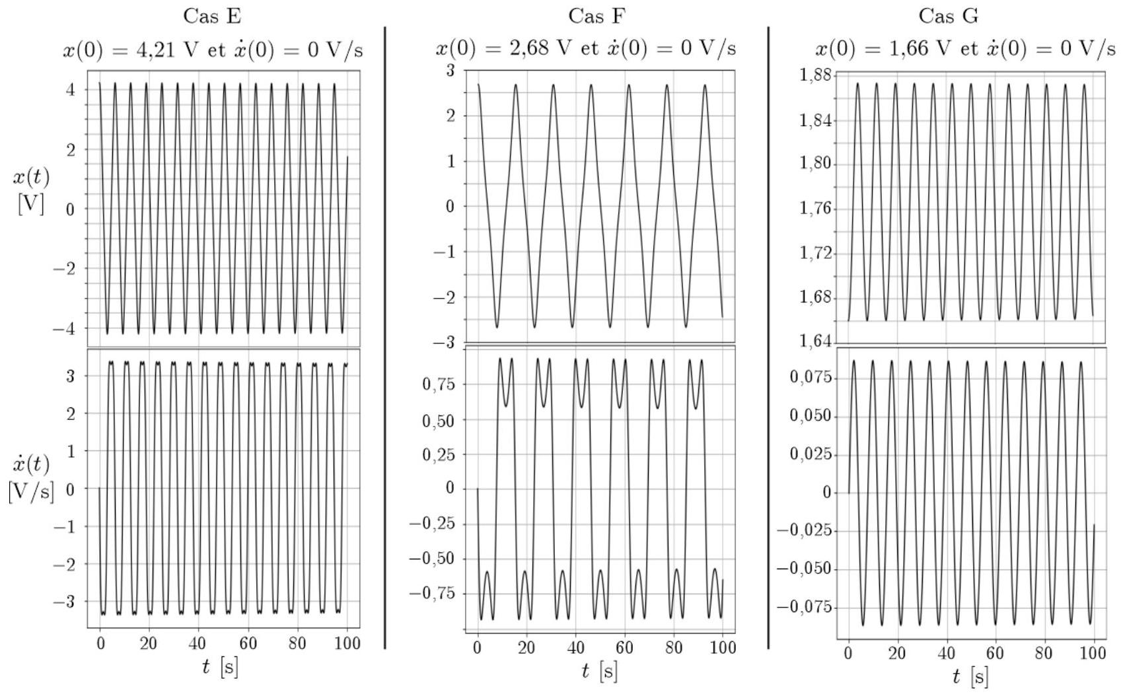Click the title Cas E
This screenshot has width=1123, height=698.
212,16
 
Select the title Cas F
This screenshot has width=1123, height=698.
597,16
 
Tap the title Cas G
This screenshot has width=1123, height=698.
948,16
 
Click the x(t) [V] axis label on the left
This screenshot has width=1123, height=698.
30,190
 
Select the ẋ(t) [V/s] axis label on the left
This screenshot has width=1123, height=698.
30,477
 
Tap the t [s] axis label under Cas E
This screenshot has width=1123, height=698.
220,667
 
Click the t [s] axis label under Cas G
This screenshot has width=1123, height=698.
970,676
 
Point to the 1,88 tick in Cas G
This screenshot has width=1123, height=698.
815,75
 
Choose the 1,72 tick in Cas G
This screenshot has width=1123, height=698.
815,254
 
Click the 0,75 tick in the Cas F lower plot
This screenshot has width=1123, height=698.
439,384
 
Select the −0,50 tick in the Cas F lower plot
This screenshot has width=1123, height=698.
432,559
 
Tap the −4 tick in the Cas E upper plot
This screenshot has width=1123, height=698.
65,328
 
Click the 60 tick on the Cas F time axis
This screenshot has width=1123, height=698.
624,648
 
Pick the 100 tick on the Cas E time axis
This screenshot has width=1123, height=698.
347,643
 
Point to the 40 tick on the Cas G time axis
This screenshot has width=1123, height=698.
947,654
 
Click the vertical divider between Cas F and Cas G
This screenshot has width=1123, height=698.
768,337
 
